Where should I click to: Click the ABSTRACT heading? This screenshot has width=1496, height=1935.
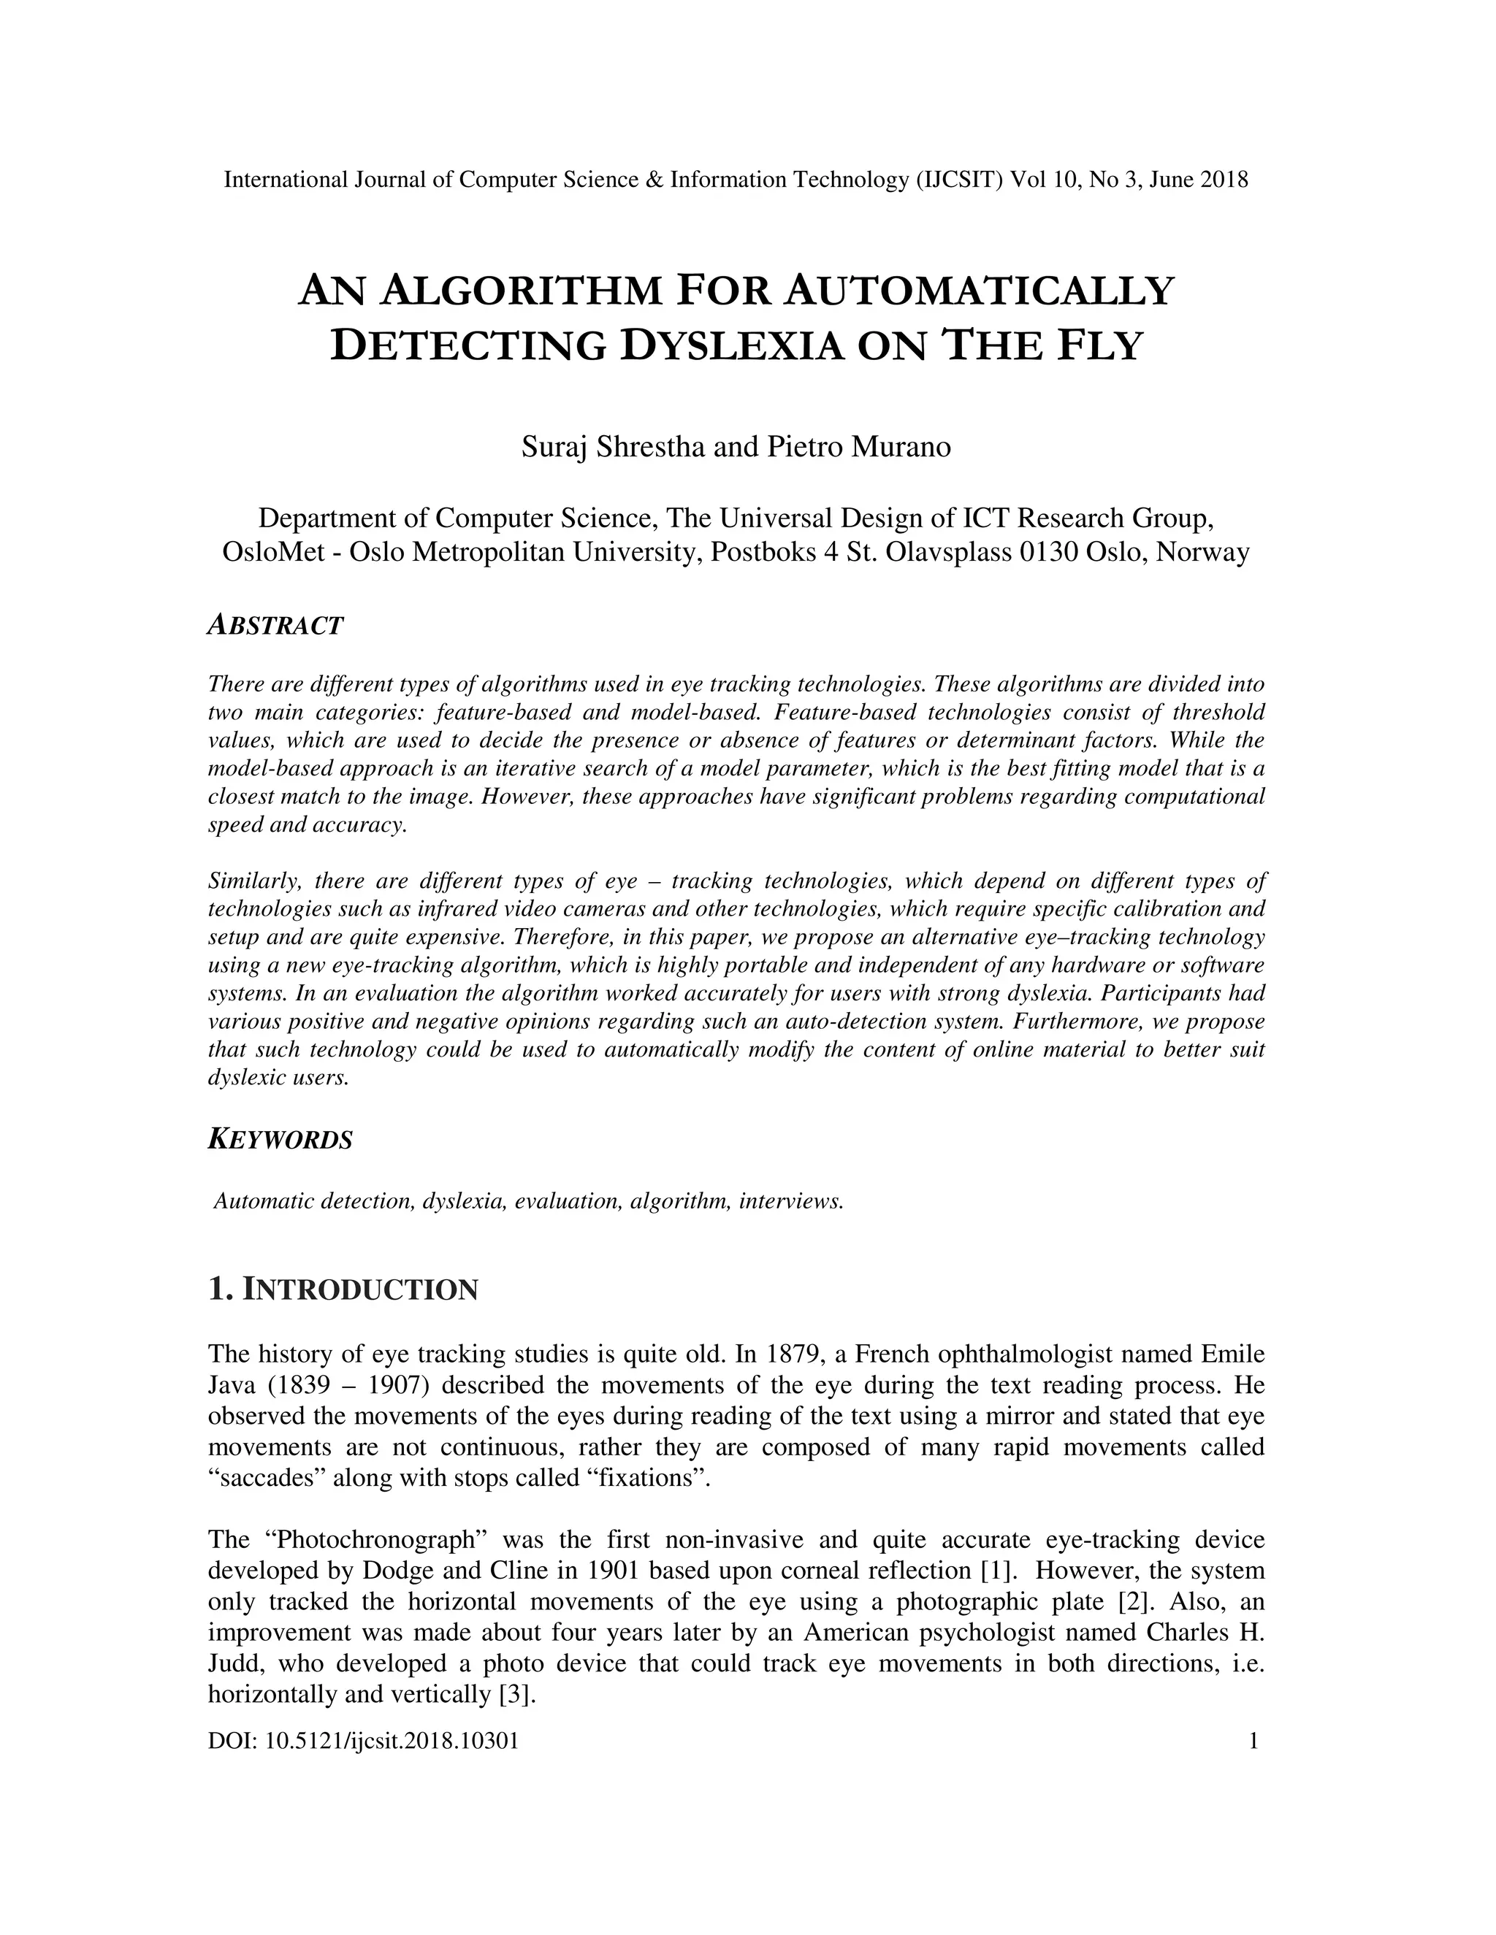click(x=275, y=626)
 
